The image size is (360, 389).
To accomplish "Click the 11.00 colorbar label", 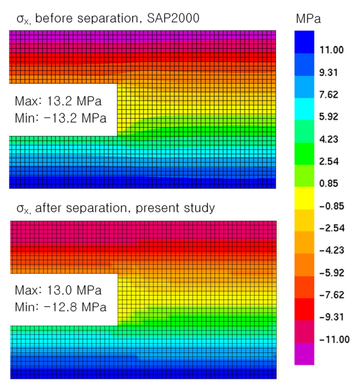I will click(332, 50).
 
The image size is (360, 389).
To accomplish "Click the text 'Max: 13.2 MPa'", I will click(59, 102).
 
